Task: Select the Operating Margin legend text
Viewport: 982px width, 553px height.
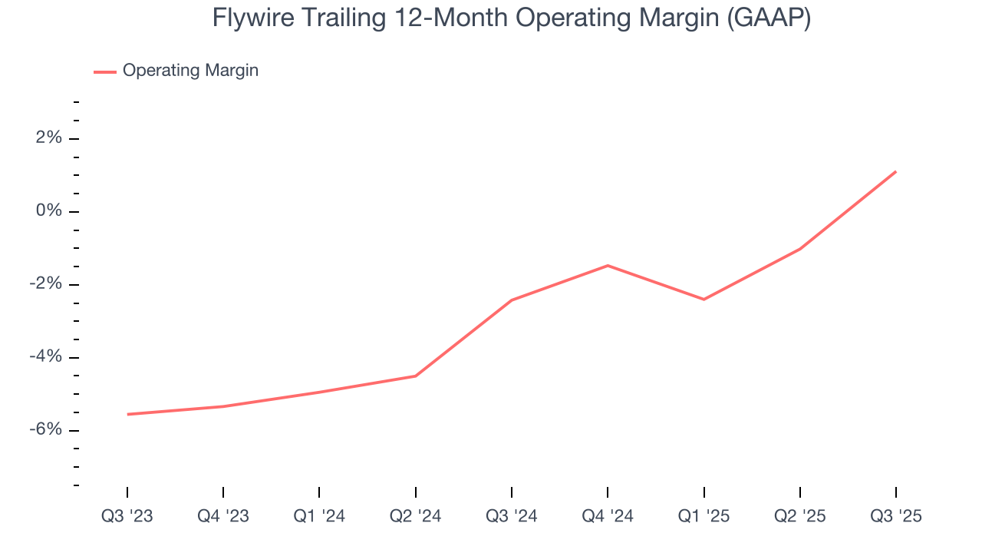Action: (x=190, y=71)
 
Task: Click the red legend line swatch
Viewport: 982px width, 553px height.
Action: (x=105, y=71)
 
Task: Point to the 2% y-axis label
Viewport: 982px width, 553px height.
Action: (x=48, y=138)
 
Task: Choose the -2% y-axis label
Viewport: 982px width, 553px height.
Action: (x=45, y=284)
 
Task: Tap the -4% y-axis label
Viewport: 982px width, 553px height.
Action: (x=45, y=357)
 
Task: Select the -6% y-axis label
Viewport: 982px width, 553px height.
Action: (x=45, y=430)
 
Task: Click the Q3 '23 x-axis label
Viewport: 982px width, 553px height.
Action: (x=127, y=516)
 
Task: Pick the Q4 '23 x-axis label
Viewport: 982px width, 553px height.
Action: (x=223, y=516)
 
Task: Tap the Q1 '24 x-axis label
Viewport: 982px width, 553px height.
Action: (x=319, y=516)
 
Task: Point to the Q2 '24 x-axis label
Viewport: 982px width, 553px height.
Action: (x=415, y=516)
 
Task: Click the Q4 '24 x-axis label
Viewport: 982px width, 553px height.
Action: (x=608, y=516)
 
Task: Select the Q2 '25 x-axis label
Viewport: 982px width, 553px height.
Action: (x=800, y=516)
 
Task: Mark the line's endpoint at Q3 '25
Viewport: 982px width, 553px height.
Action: (x=895, y=171)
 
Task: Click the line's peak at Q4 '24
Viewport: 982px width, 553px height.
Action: (x=608, y=266)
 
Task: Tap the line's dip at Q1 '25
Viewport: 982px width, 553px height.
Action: (x=704, y=299)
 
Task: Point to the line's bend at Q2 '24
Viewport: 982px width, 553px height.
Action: (x=415, y=376)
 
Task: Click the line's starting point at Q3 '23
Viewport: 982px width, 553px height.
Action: (x=127, y=414)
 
